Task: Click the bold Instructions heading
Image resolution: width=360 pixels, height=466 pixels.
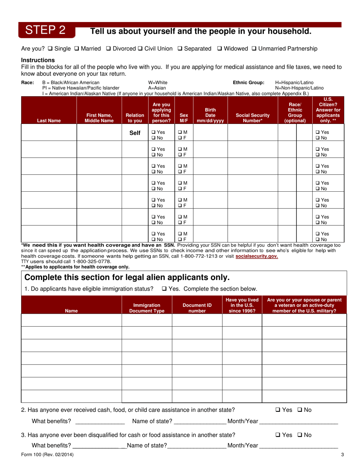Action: point(38,60)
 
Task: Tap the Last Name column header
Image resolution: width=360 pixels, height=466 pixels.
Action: point(49,121)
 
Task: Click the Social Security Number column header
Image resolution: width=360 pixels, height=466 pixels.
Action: point(252,118)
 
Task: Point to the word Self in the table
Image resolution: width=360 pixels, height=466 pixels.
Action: point(135,133)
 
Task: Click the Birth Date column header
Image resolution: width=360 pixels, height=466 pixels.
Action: point(210,115)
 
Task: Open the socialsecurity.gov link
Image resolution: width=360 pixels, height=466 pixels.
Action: point(257,256)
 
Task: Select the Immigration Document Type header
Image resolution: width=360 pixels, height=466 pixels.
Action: point(147,308)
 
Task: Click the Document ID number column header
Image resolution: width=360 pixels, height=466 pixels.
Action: point(197,308)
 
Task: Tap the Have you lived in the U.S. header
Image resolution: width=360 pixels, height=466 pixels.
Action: point(242,305)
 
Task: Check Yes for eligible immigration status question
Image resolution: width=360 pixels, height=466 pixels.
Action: point(164,288)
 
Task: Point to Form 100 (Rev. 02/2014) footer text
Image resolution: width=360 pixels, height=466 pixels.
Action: point(47,455)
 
